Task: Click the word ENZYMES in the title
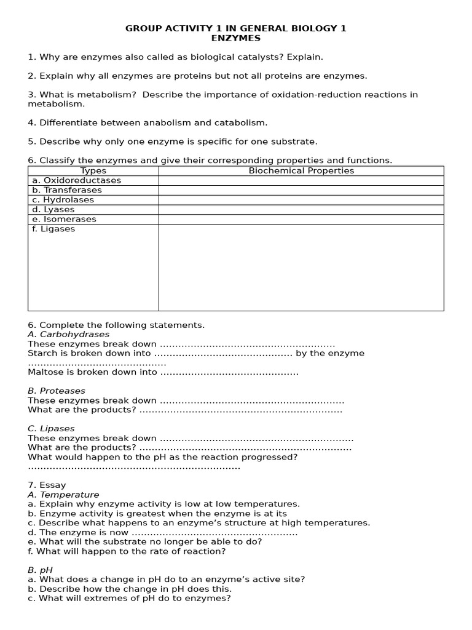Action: click(236, 38)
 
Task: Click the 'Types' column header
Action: click(93, 171)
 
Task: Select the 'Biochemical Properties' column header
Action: click(301, 171)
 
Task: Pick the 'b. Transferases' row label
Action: click(67, 190)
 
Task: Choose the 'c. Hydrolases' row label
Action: click(63, 200)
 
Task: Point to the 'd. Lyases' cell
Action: click(53, 210)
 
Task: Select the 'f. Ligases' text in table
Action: click(53, 229)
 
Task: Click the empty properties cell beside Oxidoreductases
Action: click(301, 180)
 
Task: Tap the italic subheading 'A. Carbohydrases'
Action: click(69, 334)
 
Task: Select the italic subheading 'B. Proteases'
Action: click(57, 391)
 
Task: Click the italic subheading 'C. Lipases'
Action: click(51, 428)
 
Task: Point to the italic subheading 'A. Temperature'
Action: click(63, 495)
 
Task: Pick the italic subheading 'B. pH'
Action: click(40, 570)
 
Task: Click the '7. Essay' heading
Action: click(47, 485)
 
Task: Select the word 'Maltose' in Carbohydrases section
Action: click(44, 372)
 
